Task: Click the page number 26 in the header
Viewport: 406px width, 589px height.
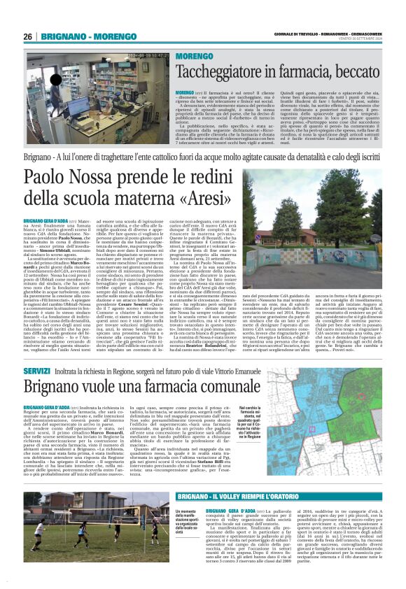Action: [x=27, y=37]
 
